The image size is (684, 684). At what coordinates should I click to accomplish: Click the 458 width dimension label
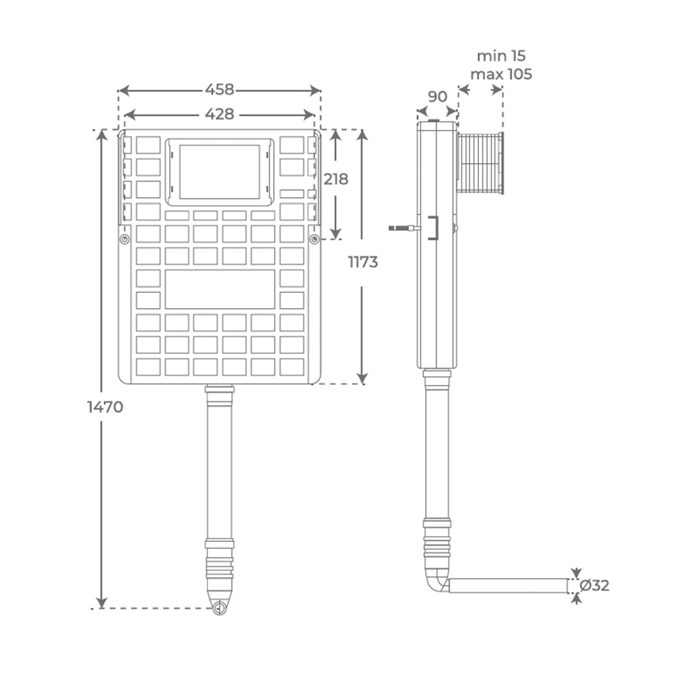click(219, 89)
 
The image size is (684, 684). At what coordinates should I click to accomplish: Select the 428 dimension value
click(219, 114)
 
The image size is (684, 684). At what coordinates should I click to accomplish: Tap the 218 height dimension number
click(336, 179)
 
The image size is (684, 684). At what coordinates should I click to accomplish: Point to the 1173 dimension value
click(363, 262)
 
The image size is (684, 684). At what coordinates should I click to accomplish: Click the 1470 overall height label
click(105, 407)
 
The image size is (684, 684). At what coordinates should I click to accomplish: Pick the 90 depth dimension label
click(437, 96)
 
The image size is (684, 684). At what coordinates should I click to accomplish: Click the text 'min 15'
click(501, 56)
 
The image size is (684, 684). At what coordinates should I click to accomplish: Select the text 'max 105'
click(501, 74)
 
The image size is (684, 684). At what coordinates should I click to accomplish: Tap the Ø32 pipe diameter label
click(595, 585)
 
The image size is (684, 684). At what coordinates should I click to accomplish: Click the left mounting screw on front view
click(124, 239)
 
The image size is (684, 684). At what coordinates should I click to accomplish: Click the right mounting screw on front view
click(314, 239)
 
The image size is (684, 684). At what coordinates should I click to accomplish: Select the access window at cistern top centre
click(219, 172)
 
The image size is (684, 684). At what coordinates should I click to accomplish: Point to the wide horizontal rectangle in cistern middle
click(219, 289)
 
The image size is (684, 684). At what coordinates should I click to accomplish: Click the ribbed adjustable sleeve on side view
click(481, 163)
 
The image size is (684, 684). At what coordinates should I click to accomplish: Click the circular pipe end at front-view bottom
click(219, 608)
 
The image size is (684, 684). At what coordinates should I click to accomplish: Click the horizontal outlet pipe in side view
click(507, 585)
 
